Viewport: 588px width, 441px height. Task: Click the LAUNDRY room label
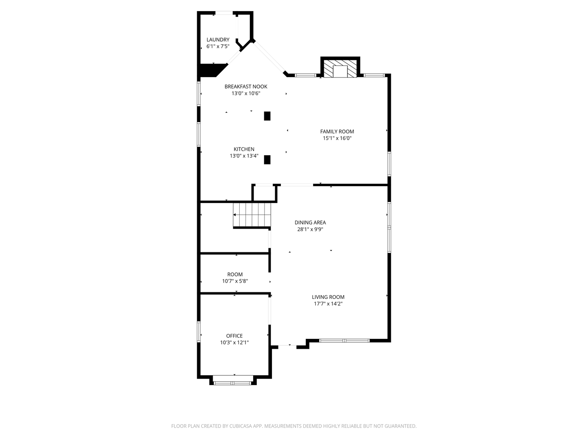coord(218,40)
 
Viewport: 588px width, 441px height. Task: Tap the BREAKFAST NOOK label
coord(246,87)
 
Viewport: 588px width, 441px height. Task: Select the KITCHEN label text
coord(244,149)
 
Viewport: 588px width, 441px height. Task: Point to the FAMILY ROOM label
coord(337,131)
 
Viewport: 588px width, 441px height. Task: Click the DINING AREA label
coord(310,223)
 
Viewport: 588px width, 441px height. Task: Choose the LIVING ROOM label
coord(328,297)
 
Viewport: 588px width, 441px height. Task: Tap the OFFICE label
coord(234,336)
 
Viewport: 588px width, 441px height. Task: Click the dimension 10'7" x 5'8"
coord(235,281)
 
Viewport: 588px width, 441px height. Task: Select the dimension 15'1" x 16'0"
coord(337,138)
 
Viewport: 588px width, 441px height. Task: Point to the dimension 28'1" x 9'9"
coord(310,229)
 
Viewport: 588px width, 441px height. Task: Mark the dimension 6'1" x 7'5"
coord(218,47)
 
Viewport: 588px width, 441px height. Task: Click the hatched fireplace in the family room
coord(340,70)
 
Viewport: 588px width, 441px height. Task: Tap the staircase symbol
coord(252,215)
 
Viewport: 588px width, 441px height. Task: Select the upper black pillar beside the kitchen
coord(267,116)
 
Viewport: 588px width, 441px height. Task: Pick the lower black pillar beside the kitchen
coord(267,160)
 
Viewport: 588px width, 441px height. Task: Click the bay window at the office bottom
coord(233,383)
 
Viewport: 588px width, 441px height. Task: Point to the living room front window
coord(344,340)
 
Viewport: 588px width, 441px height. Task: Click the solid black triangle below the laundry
coord(210,70)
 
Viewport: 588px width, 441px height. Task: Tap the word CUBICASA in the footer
coord(237,426)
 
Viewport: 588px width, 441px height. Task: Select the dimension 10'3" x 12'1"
coord(234,343)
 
